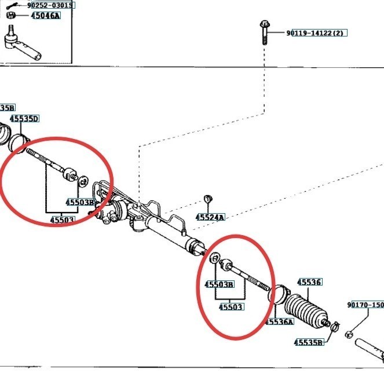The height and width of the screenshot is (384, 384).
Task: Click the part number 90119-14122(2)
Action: pyautogui.click(x=315, y=34)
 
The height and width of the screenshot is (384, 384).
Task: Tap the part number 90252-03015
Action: pyautogui.click(x=51, y=5)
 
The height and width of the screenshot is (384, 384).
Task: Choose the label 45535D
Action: pyautogui.click(x=24, y=119)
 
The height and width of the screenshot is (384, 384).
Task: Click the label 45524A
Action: pyautogui.click(x=210, y=217)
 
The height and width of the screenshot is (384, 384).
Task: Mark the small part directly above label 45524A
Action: pyautogui.click(x=210, y=200)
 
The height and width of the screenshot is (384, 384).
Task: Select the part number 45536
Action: pyautogui.click(x=310, y=282)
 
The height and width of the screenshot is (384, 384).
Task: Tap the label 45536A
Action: pyautogui.click(x=279, y=321)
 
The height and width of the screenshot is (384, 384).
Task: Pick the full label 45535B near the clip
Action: pyautogui.click(x=308, y=342)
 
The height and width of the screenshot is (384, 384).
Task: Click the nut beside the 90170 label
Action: pyautogui.click(x=349, y=334)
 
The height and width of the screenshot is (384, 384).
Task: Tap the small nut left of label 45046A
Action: pyautogui.click(x=11, y=16)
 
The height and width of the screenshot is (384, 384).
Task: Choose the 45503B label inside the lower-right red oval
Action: pyautogui.click(x=220, y=284)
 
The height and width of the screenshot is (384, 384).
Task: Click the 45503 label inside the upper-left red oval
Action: pyautogui.click(x=61, y=220)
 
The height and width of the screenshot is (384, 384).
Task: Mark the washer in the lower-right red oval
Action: pyautogui.click(x=215, y=258)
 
